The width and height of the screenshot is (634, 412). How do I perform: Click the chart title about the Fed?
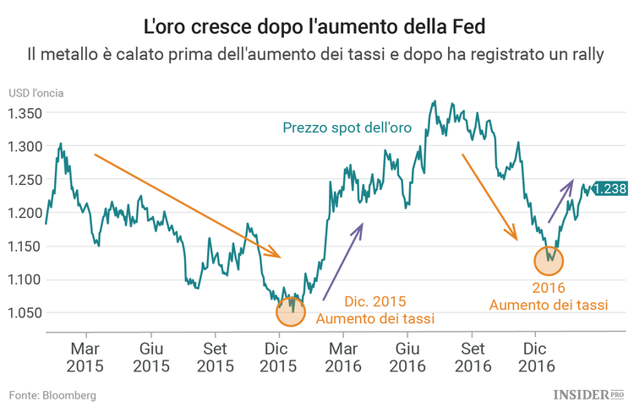(x=316, y=25)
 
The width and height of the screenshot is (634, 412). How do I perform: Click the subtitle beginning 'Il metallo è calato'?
(x=316, y=56)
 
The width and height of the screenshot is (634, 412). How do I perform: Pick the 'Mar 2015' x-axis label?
(x=86, y=357)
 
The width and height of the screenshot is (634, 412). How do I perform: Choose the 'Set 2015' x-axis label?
(x=216, y=357)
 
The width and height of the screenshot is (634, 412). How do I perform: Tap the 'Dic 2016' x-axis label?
(x=535, y=357)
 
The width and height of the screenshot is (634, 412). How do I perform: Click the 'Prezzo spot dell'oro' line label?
(x=347, y=127)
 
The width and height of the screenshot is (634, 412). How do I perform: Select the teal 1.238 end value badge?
(x=609, y=189)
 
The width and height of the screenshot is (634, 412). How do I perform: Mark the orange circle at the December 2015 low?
(x=292, y=312)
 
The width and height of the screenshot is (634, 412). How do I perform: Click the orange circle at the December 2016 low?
(x=549, y=259)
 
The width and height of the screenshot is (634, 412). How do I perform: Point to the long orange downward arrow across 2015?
(x=186, y=205)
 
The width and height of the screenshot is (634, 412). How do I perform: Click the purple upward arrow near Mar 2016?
(x=342, y=261)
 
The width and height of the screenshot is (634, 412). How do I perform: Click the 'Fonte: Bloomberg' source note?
(x=52, y=395)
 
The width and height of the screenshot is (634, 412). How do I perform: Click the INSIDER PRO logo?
(x=588, y=394)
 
